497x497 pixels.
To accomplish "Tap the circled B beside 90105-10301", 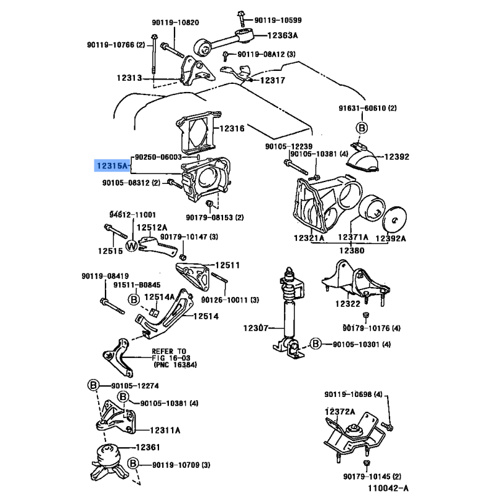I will click(x=315, y=344).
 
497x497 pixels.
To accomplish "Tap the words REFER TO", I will click(x=169, y=350).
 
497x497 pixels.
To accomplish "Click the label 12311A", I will click(x=165, y=430).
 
